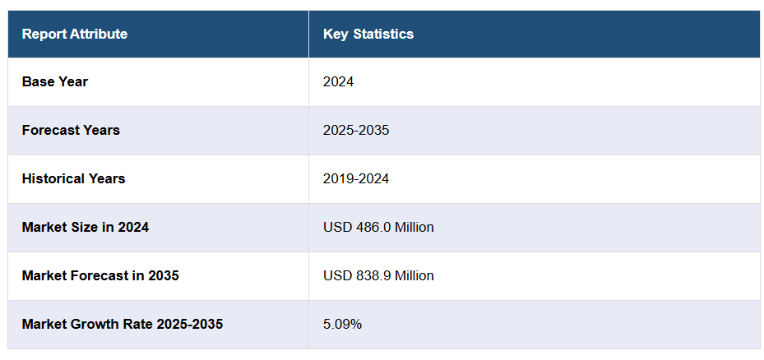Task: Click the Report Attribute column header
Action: (75, 34)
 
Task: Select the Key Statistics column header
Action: (368, 34)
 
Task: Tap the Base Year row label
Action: (55, 81)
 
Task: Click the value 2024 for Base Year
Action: (338, 81)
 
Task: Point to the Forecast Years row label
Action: (71, 130)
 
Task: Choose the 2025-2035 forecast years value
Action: (356, 130)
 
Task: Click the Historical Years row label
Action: (74, 178)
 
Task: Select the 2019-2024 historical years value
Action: (356, 178)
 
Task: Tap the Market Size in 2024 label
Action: (86, 227)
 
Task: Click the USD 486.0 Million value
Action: (378, 227)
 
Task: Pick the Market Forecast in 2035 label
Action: (100, 275)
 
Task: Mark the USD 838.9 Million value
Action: (378, 275)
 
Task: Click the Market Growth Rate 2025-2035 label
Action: (123, 324)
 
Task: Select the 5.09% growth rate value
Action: (342, 324)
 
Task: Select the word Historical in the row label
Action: (53, 178)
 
